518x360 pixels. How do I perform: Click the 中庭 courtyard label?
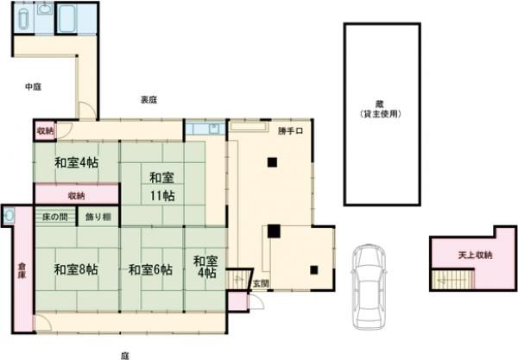point(33,86)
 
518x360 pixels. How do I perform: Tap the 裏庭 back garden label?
point(149,99)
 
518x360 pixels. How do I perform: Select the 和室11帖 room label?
point(161,186)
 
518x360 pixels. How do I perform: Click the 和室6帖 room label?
point(150,269)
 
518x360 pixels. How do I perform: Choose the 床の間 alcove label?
point(58,217)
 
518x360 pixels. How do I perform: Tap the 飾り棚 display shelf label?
point(98,217)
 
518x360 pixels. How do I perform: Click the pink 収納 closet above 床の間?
point(76,196)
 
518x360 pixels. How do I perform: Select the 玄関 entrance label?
point(260,283)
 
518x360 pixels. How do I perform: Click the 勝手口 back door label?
point(289,132)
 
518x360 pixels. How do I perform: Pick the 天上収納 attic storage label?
point(474,256)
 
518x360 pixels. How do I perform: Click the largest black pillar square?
point(274,231)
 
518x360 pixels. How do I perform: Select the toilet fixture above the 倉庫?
point(9,216)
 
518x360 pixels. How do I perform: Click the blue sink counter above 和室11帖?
point(204,129)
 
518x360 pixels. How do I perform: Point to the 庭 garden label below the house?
point(125,354)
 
